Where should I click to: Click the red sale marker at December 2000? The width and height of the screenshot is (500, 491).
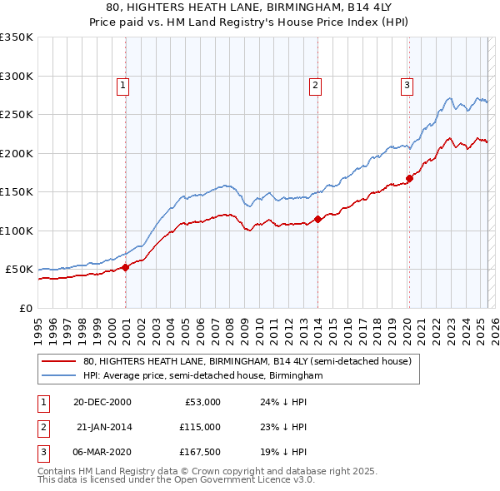(x=126, y=267)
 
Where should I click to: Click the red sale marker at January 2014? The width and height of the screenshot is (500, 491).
(x=318, y=220)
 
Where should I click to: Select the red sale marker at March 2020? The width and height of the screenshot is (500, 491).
(x=409, y=178)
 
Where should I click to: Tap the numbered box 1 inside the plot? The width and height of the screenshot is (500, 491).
(x=122, y=84)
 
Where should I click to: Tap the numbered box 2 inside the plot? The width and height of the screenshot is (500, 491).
(x=316, y=84)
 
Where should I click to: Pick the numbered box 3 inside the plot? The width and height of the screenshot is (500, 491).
(x=407, y=84)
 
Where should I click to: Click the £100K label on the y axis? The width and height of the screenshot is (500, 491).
(x=17, y=231)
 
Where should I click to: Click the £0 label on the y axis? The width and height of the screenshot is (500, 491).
(x=25, y=308)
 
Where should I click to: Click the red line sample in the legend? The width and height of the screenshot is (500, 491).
(x=58, y=362)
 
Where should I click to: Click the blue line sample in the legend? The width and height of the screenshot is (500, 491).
(x=58, y=376)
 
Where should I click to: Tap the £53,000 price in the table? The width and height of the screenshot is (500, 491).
(x=202, y=402)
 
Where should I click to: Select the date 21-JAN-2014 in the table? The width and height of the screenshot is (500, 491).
(x=103, y=427)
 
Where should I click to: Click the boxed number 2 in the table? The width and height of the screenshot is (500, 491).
(x=42, y=427)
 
